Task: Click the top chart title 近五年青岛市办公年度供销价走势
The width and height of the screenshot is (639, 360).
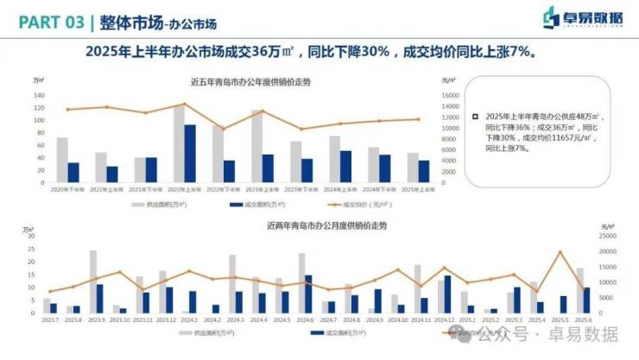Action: (x=250, y=82)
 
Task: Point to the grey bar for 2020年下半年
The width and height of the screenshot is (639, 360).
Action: (x=62, y=160)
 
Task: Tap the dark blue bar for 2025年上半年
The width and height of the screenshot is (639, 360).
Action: (x=424, y=171)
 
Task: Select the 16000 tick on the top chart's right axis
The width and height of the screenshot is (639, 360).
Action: (x=451, y=95)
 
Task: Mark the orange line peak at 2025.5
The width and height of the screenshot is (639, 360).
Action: (x=560, y=252)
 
